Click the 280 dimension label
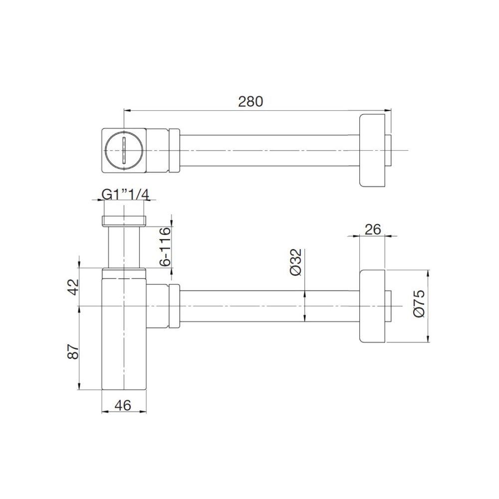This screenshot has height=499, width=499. pyautogui.click(x=250, y=102)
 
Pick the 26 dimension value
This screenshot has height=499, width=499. pyautogui.click(x=373, y=229)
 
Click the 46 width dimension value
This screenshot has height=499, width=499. pyautogui.click(x=123, y=405)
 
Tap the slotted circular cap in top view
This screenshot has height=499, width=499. pyautogui.click(x=123, y=150)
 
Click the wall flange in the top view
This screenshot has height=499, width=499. pyautogui.click(x=373, y=150)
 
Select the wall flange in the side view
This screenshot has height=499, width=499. pyautogui.click(x=373, y=306)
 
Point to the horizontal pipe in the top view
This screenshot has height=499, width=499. pyautogui.click(x=269, y=150)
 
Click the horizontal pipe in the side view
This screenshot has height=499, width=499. pyautogui.click(x=269, y=306)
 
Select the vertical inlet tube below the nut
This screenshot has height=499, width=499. pyautogui.click(x=123, y=247)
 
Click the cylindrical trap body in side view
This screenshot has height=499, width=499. pyautogui.click(x=123, y=339)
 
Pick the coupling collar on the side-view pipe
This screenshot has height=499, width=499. pyautogui.click(x=174, y=306)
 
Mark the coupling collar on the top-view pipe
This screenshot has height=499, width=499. pyautogui.click(x=174, y=150)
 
